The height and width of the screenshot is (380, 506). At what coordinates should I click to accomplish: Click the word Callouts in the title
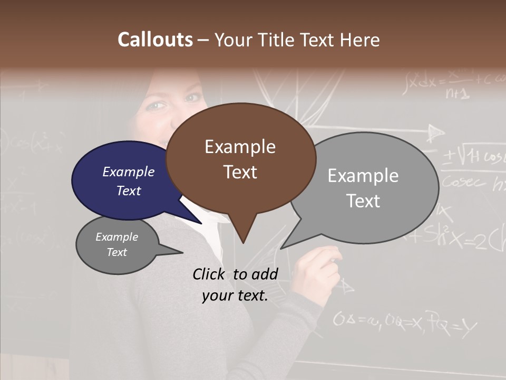click(155, 40)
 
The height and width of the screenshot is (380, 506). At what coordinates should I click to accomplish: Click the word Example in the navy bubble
click(129, 172)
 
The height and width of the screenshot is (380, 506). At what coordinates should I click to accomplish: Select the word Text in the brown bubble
click(240, 172)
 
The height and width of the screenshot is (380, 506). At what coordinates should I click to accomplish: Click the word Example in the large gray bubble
click(363, 176)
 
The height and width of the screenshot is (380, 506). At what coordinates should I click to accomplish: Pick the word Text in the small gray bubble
click(117, 252)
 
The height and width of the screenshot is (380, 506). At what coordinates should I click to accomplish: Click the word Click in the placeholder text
click(210, 274)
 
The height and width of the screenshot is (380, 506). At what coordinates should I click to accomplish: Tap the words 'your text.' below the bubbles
click(235, 296)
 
